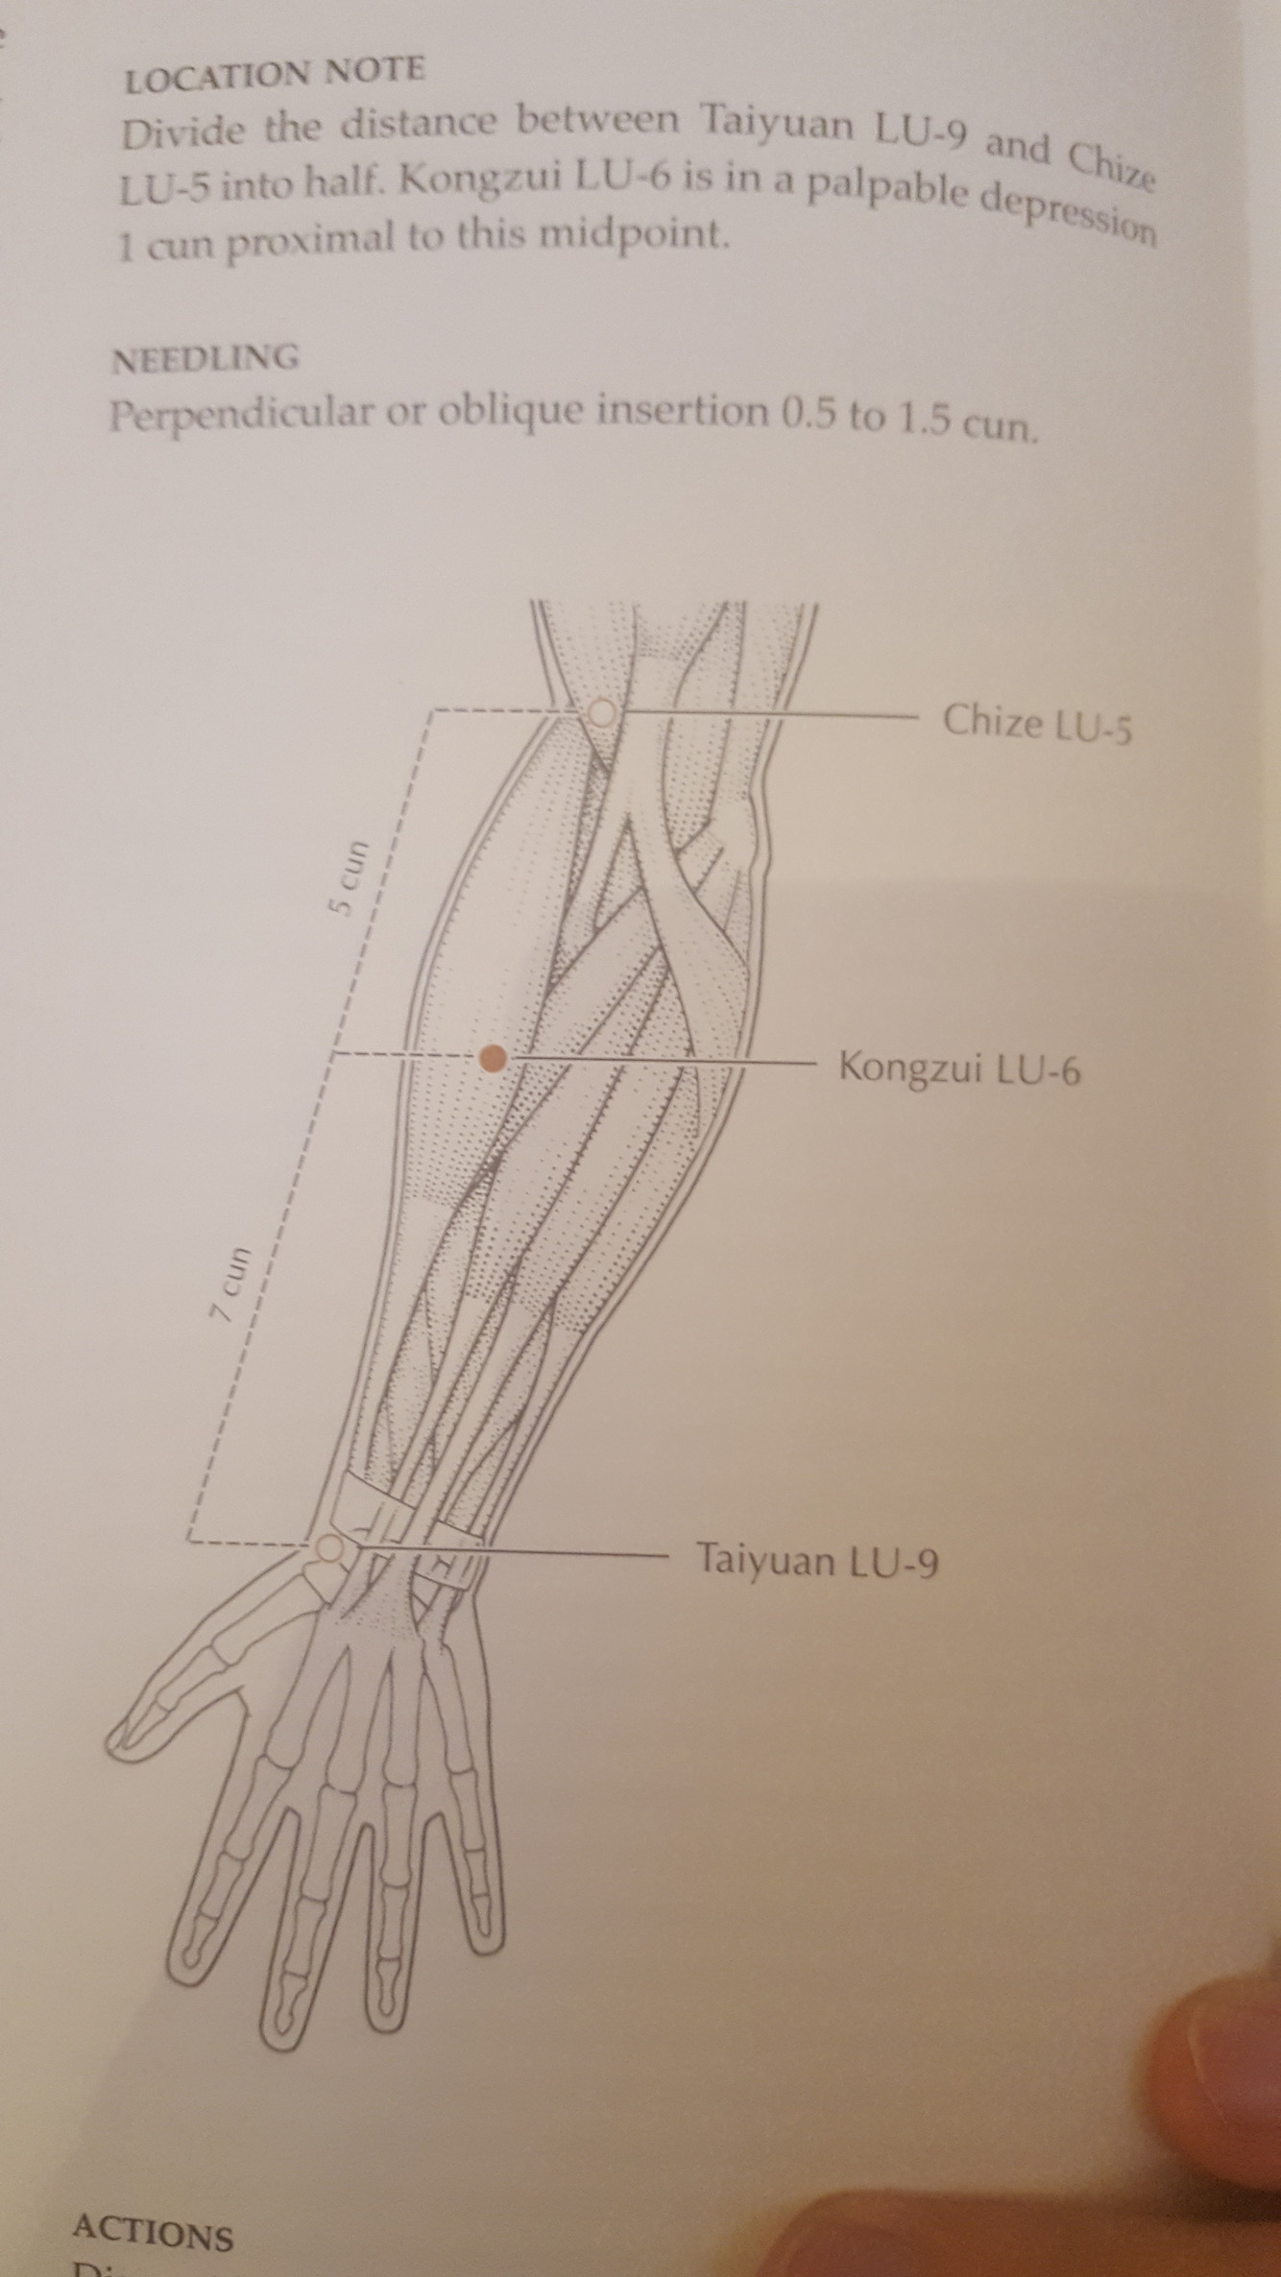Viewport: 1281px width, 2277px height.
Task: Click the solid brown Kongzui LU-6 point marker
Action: click(493, 1059)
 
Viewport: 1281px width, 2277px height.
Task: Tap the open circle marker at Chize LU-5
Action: click(601, 712)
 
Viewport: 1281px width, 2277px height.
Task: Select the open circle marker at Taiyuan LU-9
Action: click(328, 1547)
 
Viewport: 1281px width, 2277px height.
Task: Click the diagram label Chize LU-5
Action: click(1037, 723)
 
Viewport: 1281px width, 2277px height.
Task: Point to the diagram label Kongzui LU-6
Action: click(959, 1067)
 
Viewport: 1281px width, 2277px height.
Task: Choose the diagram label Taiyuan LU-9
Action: click(817, 1561)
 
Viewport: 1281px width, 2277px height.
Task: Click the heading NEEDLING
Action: click(205, 360)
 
